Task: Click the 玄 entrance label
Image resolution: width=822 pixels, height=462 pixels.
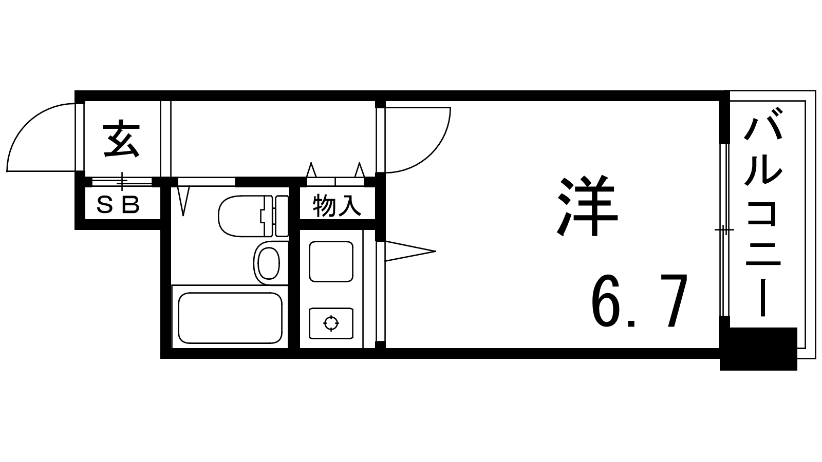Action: [122, 139]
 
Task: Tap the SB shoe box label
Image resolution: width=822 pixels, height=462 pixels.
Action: [119, 206]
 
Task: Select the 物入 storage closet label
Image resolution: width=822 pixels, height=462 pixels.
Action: [337, 206]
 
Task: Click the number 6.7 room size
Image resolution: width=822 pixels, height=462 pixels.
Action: [639, 303]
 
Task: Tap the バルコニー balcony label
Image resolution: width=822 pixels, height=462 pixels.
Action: [763, 216]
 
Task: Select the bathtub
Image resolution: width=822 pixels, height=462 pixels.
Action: [230, 318]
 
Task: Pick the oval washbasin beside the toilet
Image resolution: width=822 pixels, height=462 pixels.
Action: [268, 262]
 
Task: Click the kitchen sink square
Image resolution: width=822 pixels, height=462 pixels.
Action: [331, 261]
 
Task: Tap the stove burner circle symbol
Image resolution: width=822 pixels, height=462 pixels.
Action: [331, 323]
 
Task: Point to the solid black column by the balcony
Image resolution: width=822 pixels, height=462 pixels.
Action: [758, 349]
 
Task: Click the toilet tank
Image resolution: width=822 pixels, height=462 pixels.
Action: [281, 216]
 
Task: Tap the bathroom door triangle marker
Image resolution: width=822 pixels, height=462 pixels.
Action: [183, 200]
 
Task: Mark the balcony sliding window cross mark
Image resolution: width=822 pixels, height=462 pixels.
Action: [724, 229]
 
